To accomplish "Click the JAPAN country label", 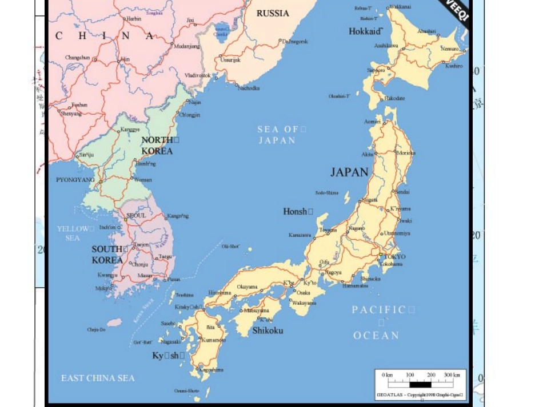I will (349, 172).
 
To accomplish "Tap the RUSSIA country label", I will (273, 13).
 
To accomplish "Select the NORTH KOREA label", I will (157, 146).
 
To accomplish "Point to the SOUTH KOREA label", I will (107, 255).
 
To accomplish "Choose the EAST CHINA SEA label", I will (98, 378).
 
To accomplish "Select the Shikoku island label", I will (267, 331).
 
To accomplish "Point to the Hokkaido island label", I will (365, 31).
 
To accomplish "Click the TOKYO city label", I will (395, 257).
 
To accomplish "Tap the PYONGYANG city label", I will (75, 180).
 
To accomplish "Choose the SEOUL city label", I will (136, 215).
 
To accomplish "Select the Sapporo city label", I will (376, 70).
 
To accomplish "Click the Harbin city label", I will (133, 19).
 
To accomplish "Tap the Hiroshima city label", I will (219, 292).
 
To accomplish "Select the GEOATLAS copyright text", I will (420, 395).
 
